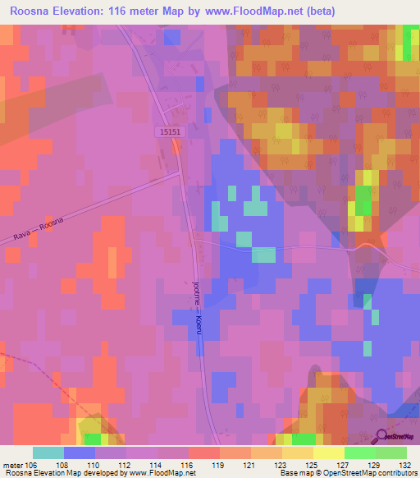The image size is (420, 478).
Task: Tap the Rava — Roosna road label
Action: [x=39, y=228]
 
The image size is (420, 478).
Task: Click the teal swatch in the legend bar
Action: [x=48, y=453]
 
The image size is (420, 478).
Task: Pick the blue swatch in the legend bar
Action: [x=80, y=453]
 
